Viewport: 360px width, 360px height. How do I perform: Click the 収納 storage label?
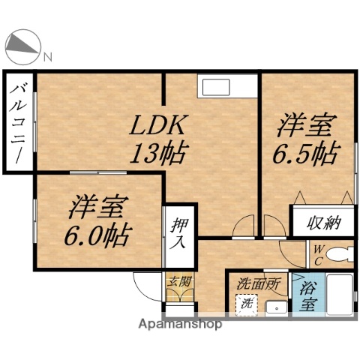coord(323,222)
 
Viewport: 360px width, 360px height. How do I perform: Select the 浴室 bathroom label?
coord(307,296)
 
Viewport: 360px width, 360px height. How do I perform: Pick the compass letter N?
coord(47,55)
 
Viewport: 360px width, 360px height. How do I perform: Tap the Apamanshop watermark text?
coord(180,325)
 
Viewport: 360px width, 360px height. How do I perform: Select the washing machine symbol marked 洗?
coord(245,304)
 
